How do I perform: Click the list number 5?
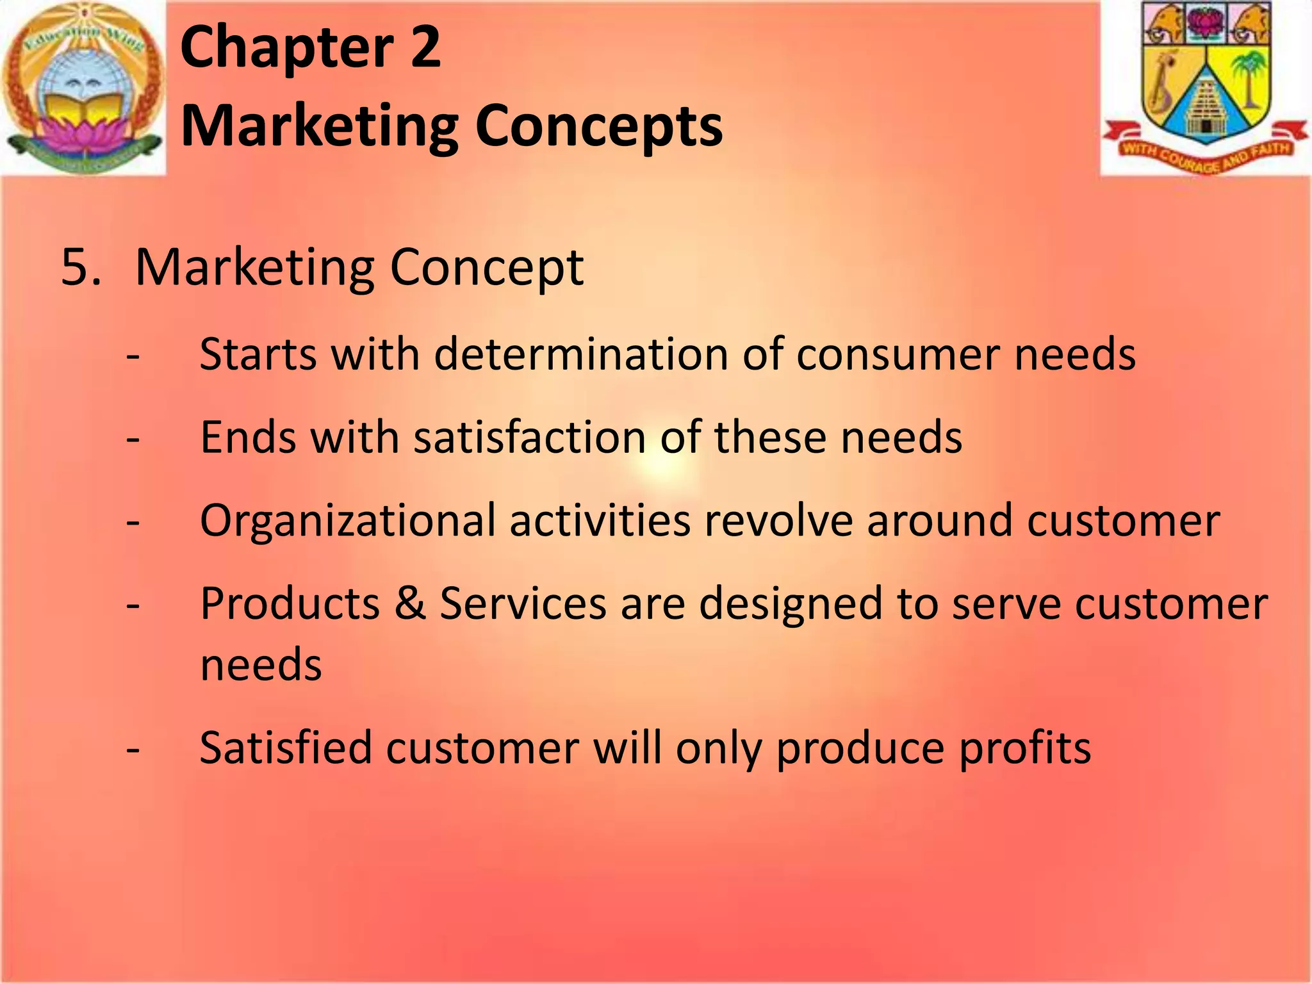[81, 266]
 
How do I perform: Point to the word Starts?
[258, 354]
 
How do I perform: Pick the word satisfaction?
[529, 437]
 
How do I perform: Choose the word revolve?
[778, 520]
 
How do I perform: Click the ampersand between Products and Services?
[410, 603]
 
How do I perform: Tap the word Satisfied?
[286, 748]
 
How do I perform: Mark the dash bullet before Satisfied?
[133, 750]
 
